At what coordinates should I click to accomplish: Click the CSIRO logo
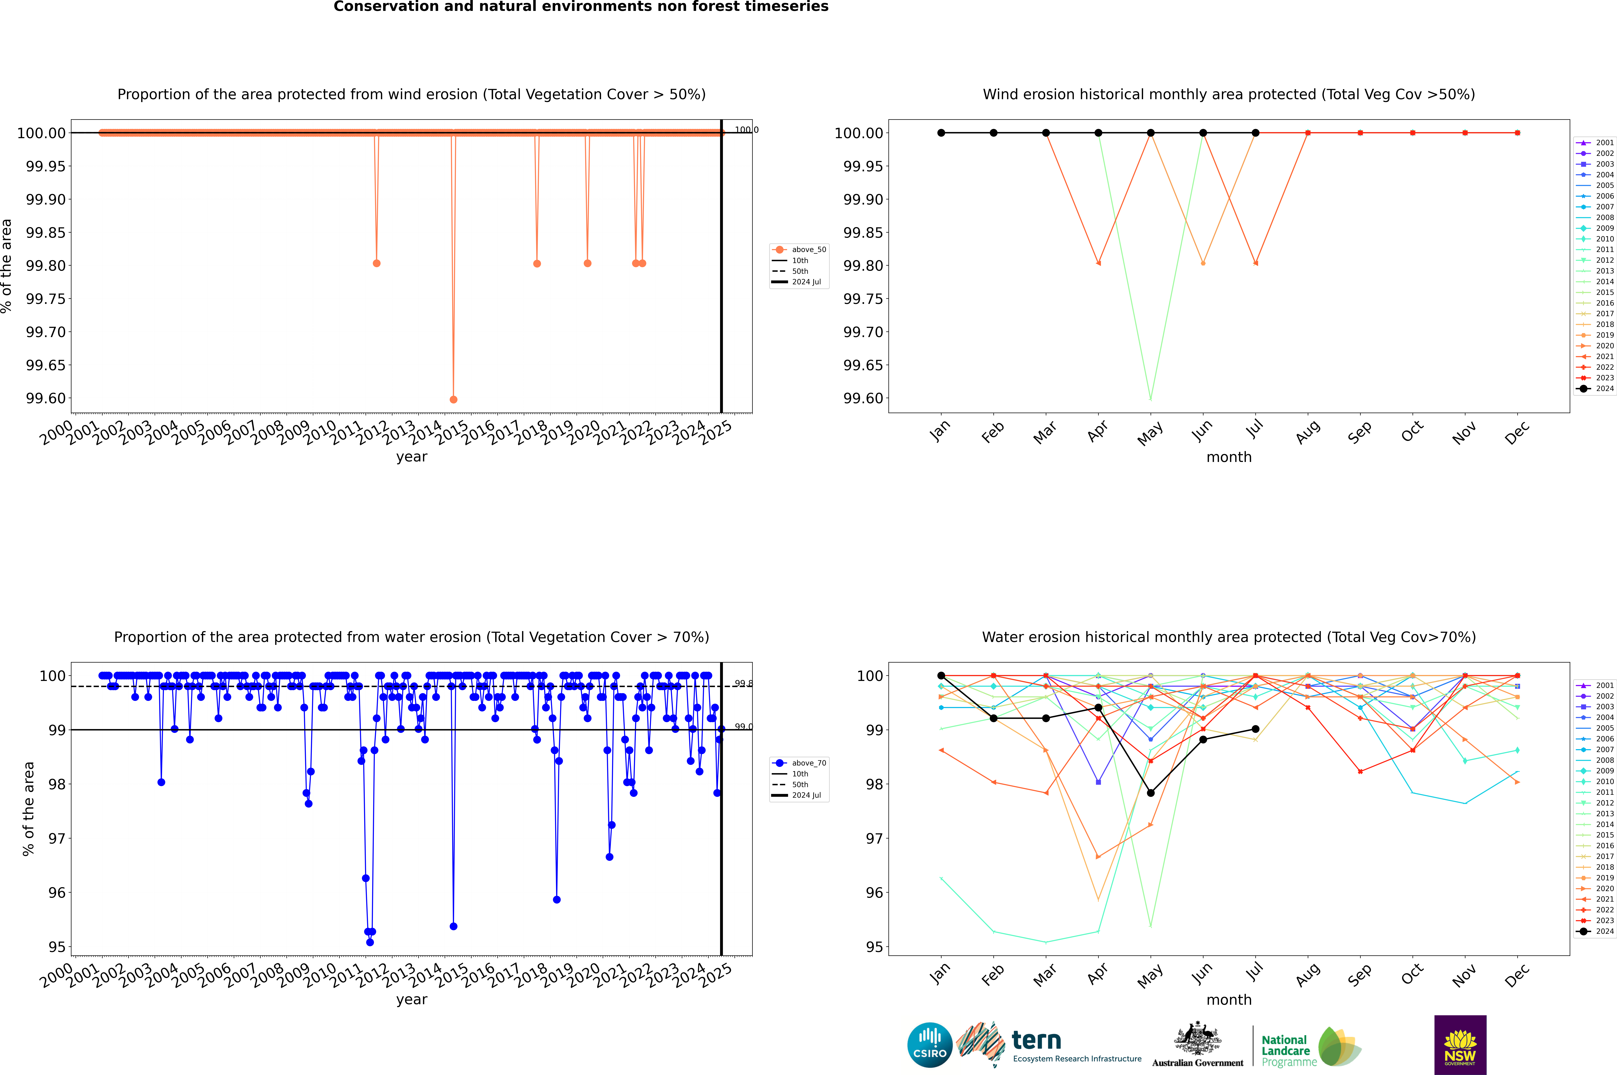tap(929, 1045)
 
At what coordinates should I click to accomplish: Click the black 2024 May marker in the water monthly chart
tap(1150, 793)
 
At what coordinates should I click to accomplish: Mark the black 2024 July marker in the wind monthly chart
tap(1255, 133)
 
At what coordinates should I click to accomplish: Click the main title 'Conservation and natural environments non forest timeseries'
tap(581, 7)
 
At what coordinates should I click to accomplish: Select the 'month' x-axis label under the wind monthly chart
tap(1228, 457)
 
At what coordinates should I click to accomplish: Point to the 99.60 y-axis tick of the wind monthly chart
tap(863, 398)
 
